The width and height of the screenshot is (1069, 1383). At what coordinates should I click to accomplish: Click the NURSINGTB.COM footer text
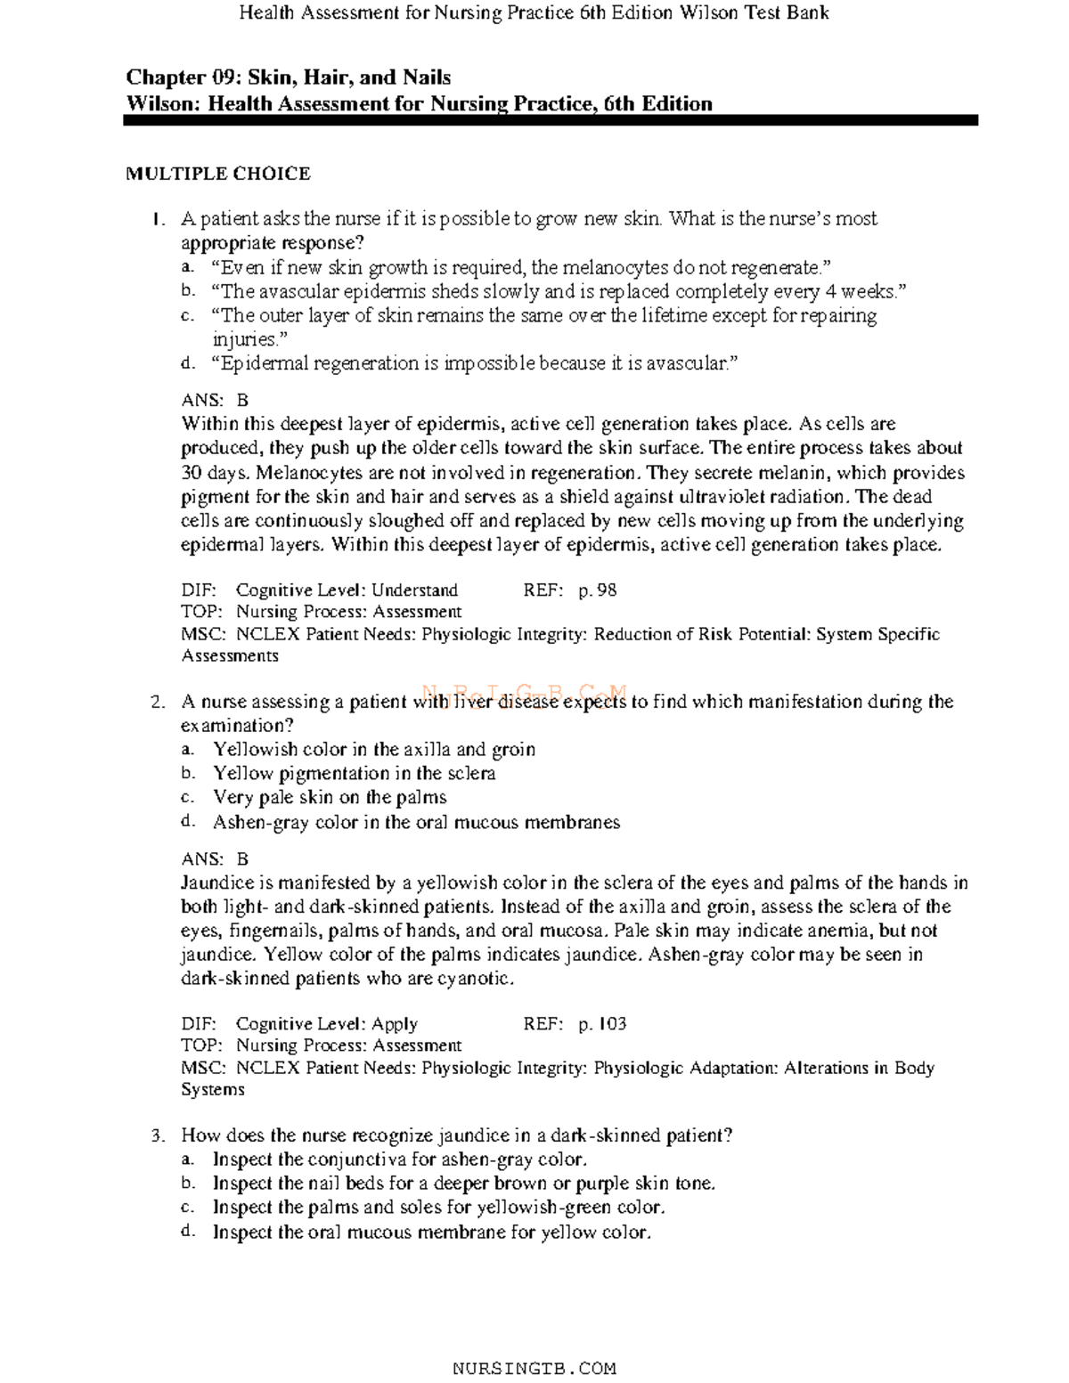[534, 1368]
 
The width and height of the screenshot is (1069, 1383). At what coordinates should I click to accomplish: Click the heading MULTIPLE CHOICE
[217, 174]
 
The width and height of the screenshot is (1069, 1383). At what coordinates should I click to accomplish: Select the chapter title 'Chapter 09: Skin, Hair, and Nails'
[288, 78]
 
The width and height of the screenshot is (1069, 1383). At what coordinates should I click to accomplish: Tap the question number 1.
[158, 219]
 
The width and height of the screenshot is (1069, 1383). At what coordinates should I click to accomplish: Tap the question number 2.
[158, 703]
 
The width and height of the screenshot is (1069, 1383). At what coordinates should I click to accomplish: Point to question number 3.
[158, 1135]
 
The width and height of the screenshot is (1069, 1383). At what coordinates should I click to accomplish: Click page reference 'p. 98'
[597, 590]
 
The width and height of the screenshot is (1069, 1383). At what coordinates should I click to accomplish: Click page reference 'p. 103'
[602, 1024]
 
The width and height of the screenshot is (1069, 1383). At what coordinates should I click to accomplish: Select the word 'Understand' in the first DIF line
[414, 590]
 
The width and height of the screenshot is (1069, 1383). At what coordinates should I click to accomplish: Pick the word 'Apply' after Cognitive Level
[395, 1024]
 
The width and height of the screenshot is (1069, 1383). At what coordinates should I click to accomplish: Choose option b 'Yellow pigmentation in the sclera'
[354, 774]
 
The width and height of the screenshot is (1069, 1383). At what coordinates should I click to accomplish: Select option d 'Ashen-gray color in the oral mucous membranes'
[415, 823]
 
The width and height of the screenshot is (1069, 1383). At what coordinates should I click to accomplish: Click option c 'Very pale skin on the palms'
[329, 798]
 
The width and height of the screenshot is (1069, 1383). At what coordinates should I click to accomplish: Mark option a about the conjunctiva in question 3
[399, 1159]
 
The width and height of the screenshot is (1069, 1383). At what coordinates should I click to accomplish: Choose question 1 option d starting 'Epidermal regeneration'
[475, 363]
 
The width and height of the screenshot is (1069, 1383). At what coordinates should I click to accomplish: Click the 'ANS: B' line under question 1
[215, 401]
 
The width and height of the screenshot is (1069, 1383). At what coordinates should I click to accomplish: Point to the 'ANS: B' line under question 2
[215, 859]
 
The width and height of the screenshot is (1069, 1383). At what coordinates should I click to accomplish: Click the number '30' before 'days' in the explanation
[192, 473]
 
